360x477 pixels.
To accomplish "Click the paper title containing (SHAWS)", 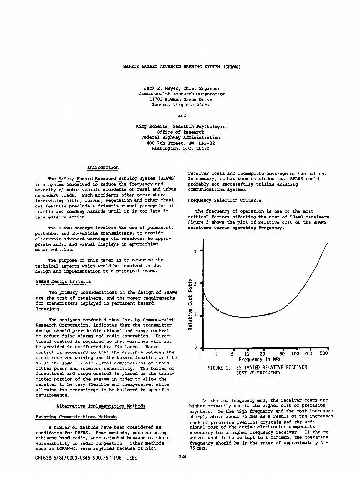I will (182, 67).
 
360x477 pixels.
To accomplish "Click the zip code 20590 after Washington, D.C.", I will (200, 148).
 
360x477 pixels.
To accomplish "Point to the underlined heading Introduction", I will (103, 167).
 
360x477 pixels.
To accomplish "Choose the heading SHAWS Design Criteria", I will (63, 281).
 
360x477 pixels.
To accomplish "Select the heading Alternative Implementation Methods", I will (101, 406).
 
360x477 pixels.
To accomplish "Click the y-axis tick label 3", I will (195, 251).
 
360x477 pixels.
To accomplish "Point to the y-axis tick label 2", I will (195, 284).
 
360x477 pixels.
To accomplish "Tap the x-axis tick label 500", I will (324, 354).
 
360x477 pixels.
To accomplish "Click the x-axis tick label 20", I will (262, 354).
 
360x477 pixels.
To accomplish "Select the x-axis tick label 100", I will (295, 354).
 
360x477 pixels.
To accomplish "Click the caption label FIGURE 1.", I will (219, 368).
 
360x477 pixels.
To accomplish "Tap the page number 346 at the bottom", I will (182, 457).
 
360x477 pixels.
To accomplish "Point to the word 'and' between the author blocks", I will (182, 115).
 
